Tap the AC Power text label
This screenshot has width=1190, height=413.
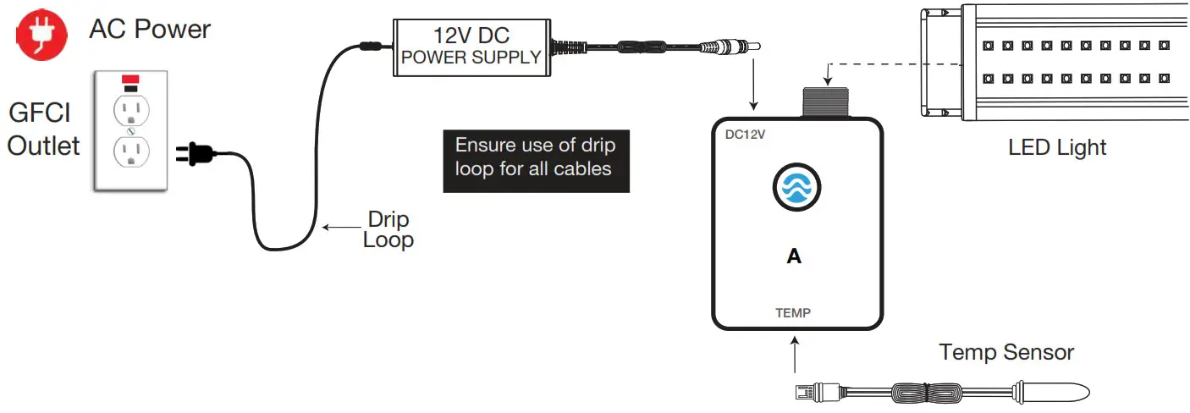pos(150,30)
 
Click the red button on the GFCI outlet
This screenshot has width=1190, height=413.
pos(130,80)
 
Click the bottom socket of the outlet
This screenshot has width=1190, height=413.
pos(130,153)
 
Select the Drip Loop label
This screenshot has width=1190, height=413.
pos(388,229)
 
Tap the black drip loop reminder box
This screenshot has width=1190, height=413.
pos(536,157)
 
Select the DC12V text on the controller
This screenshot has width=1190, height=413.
pos(746,135)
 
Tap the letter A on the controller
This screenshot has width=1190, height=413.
pos(794,256)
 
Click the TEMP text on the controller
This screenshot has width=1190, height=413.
pos(793,313)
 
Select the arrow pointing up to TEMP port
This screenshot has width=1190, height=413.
pos(794,355)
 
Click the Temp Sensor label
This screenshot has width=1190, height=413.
pos(1006,352)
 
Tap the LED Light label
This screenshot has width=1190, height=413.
pos(1057,147)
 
